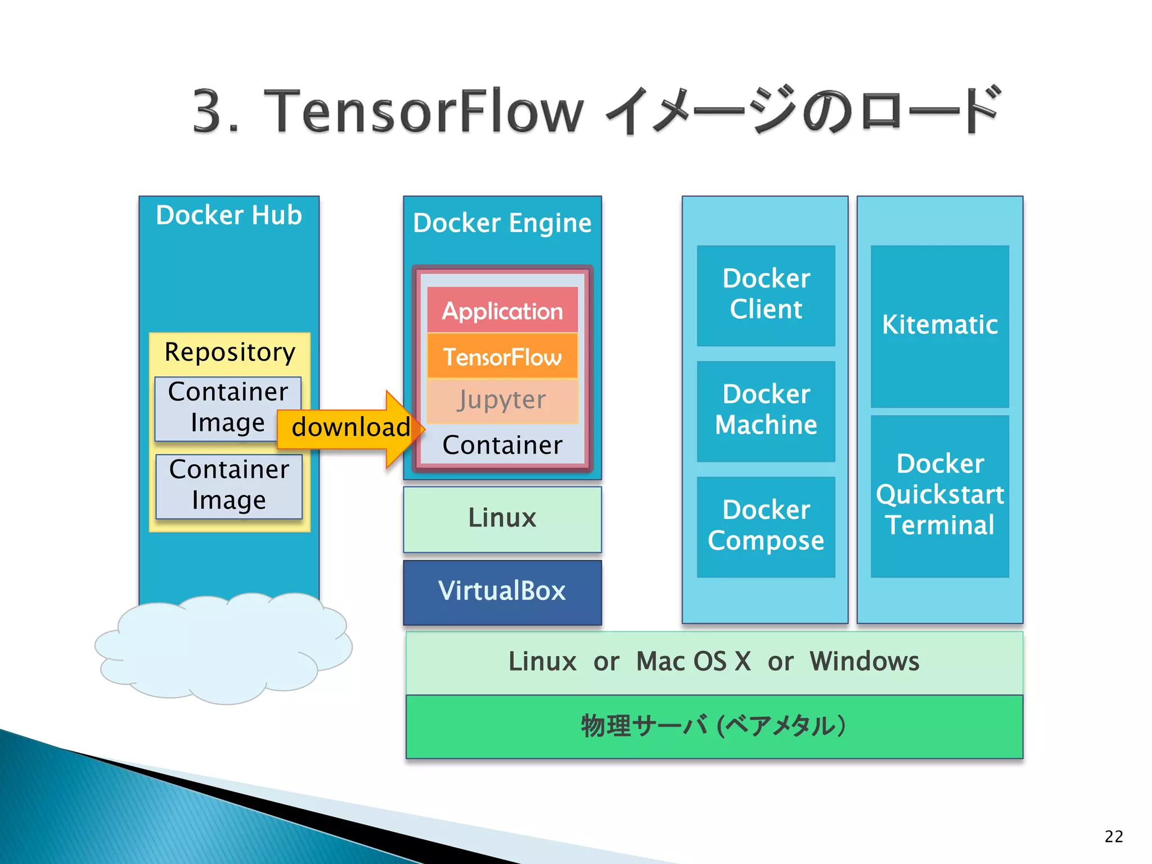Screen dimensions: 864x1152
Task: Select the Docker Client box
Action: pos(766,295)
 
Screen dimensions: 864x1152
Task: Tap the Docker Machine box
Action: pos(766,411)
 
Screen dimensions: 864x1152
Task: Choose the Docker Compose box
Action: pos(766,526)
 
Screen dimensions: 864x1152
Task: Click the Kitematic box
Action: pos(939,326)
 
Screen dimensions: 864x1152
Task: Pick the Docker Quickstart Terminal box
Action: pos(939,496)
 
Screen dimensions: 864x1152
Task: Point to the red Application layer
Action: pos(502,310)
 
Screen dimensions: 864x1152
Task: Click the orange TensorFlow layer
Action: pos(502,357)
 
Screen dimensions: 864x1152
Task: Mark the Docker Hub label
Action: pos(229,215)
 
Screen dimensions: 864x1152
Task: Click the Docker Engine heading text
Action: pos(502,223)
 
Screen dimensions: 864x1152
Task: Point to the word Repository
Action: pos(229,353)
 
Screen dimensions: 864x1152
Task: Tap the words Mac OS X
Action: pos(694,661)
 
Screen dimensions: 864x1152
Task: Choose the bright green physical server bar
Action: pos(714,726)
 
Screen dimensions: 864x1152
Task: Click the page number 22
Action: pos(1113,836)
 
